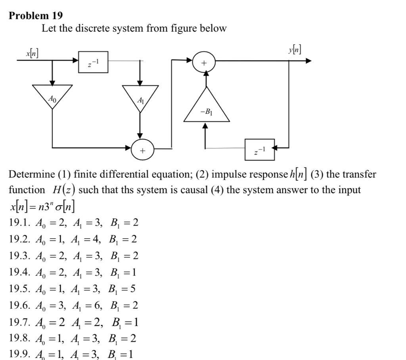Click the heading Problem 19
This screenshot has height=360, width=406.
(x=36, y=15)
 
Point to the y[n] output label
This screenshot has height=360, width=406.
(x=294, y=50)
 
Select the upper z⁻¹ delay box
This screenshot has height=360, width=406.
(x=93, y=62)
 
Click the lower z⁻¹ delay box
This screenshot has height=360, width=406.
(x=260, y=149)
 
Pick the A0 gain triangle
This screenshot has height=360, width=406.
(x=52, y=96)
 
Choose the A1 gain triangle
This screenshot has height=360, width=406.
(x=140, y=98)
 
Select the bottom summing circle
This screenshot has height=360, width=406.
(x=142, y=150)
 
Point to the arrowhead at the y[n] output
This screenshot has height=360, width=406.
(x=308, y=61)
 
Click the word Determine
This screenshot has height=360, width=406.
(x=31, y=174)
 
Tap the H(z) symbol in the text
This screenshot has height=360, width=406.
(x=64, y=190)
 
